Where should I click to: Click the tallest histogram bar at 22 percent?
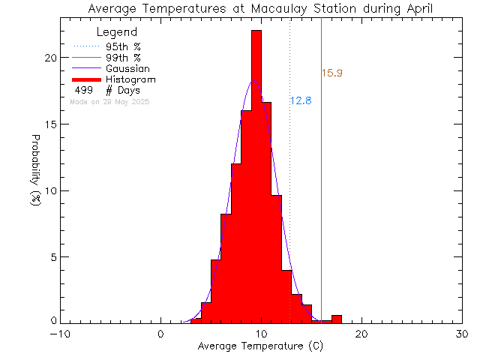(x=256, y=172)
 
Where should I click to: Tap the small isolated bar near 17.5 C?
(x=337, y=319)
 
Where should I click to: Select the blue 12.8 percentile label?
(x=301, y=100)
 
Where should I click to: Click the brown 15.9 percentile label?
(x=331, y=73)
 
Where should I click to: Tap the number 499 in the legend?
(x=83, y=90)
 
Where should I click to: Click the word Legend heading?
(x=117, y=32)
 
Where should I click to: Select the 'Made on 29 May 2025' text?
(x=109, y=101)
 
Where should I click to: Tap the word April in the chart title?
(x=416, y=9)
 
